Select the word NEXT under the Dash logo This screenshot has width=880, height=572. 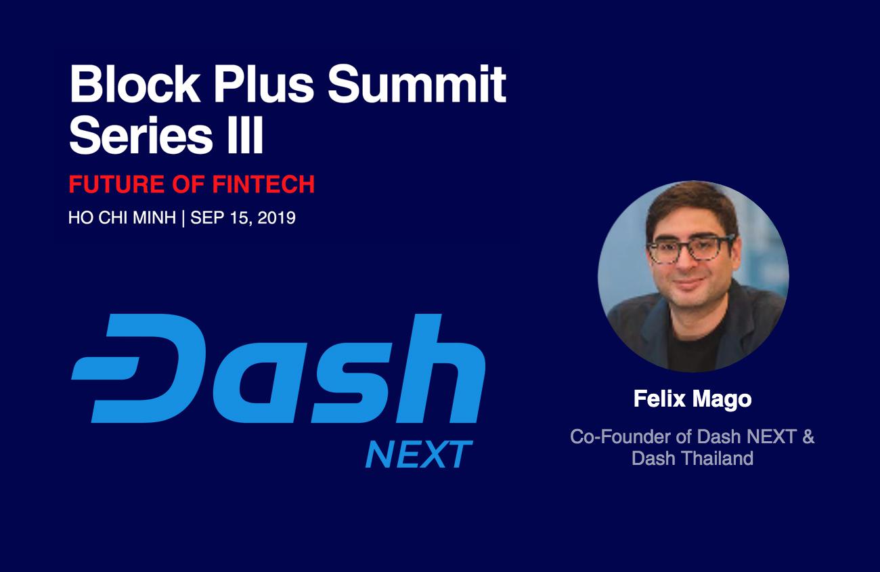click(418, 455)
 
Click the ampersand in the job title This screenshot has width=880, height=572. click(808, 436)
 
